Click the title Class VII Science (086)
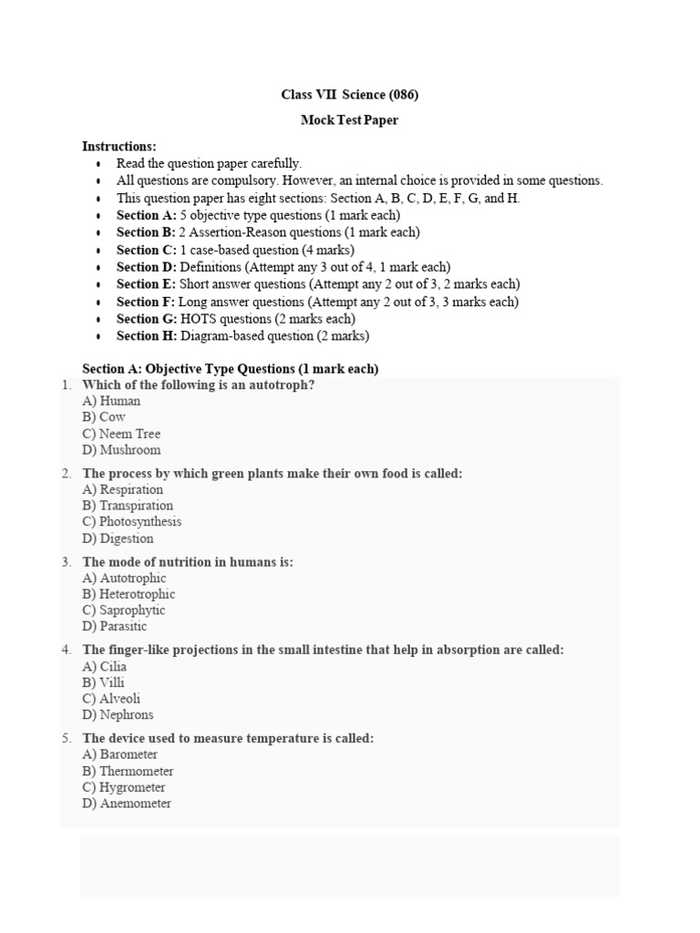tap(349, 95)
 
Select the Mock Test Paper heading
tap(349, 120)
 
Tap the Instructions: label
tap(119, 146)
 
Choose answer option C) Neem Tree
tap(121, 434)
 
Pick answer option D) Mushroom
tap(121, 450)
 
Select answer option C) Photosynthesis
tap(131, 522)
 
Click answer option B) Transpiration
tap(128, 506)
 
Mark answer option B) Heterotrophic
tap(129, 594)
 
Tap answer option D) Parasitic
tap(114, 627)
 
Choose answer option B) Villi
tap(103, 682)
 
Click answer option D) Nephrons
tap(118, 715)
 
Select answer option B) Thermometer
tap(128, 771)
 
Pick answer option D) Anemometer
tap(127, 804)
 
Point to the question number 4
tap(67, 650)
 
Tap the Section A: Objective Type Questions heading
tap(230, 369)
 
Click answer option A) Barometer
tap(119, 754)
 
